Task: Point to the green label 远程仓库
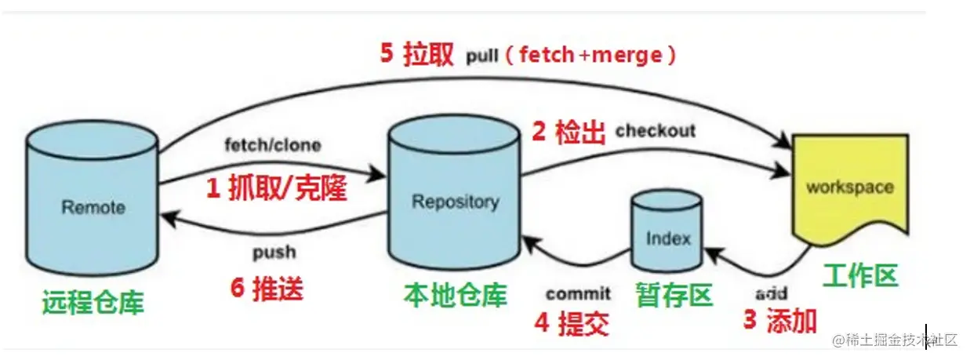coord(94,301)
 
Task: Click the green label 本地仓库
coord(455,295)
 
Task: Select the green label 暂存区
coord(674,296)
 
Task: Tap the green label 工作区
coord(860,275)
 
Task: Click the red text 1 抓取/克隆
coord(276,187)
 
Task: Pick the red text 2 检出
coord(569,132)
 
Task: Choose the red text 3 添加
coord(779,320)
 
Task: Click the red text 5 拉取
coord(416,54)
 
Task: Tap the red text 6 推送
coord(267,289)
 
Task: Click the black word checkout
coord(656,130)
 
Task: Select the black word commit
coord(578,293)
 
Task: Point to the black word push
coord(274,252)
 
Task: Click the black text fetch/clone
coord(272,145)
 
